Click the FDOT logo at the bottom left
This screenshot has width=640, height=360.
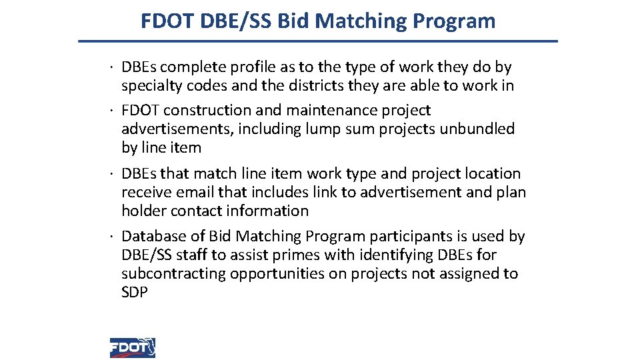tap(133, 347)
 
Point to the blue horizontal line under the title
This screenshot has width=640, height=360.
tap(318, 41)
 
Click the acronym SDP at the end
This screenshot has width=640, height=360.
tap(134, 292)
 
